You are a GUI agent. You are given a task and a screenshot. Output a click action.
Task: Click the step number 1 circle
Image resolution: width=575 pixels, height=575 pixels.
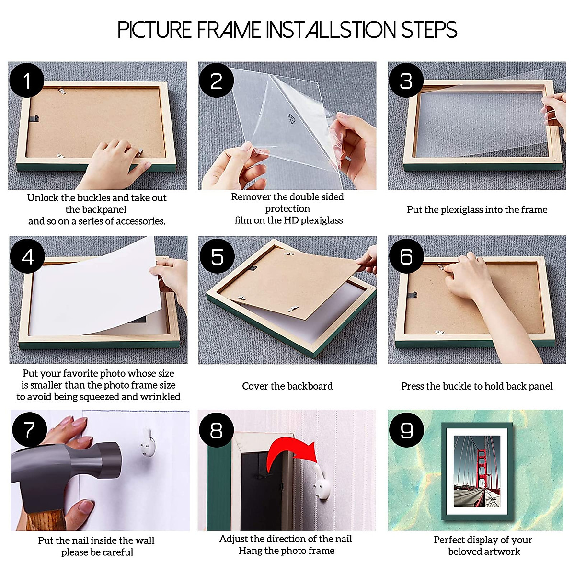coord(26,80)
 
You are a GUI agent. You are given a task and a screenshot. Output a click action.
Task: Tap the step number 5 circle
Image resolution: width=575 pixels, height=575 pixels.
coord(217,256)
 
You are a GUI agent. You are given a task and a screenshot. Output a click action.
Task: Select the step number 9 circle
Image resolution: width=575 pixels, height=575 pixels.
coord(406,430)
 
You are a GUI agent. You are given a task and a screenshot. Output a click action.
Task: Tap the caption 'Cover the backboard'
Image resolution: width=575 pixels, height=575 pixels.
coord(287,386)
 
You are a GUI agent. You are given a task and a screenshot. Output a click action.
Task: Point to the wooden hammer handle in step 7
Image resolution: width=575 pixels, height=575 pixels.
coord(46,520)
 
